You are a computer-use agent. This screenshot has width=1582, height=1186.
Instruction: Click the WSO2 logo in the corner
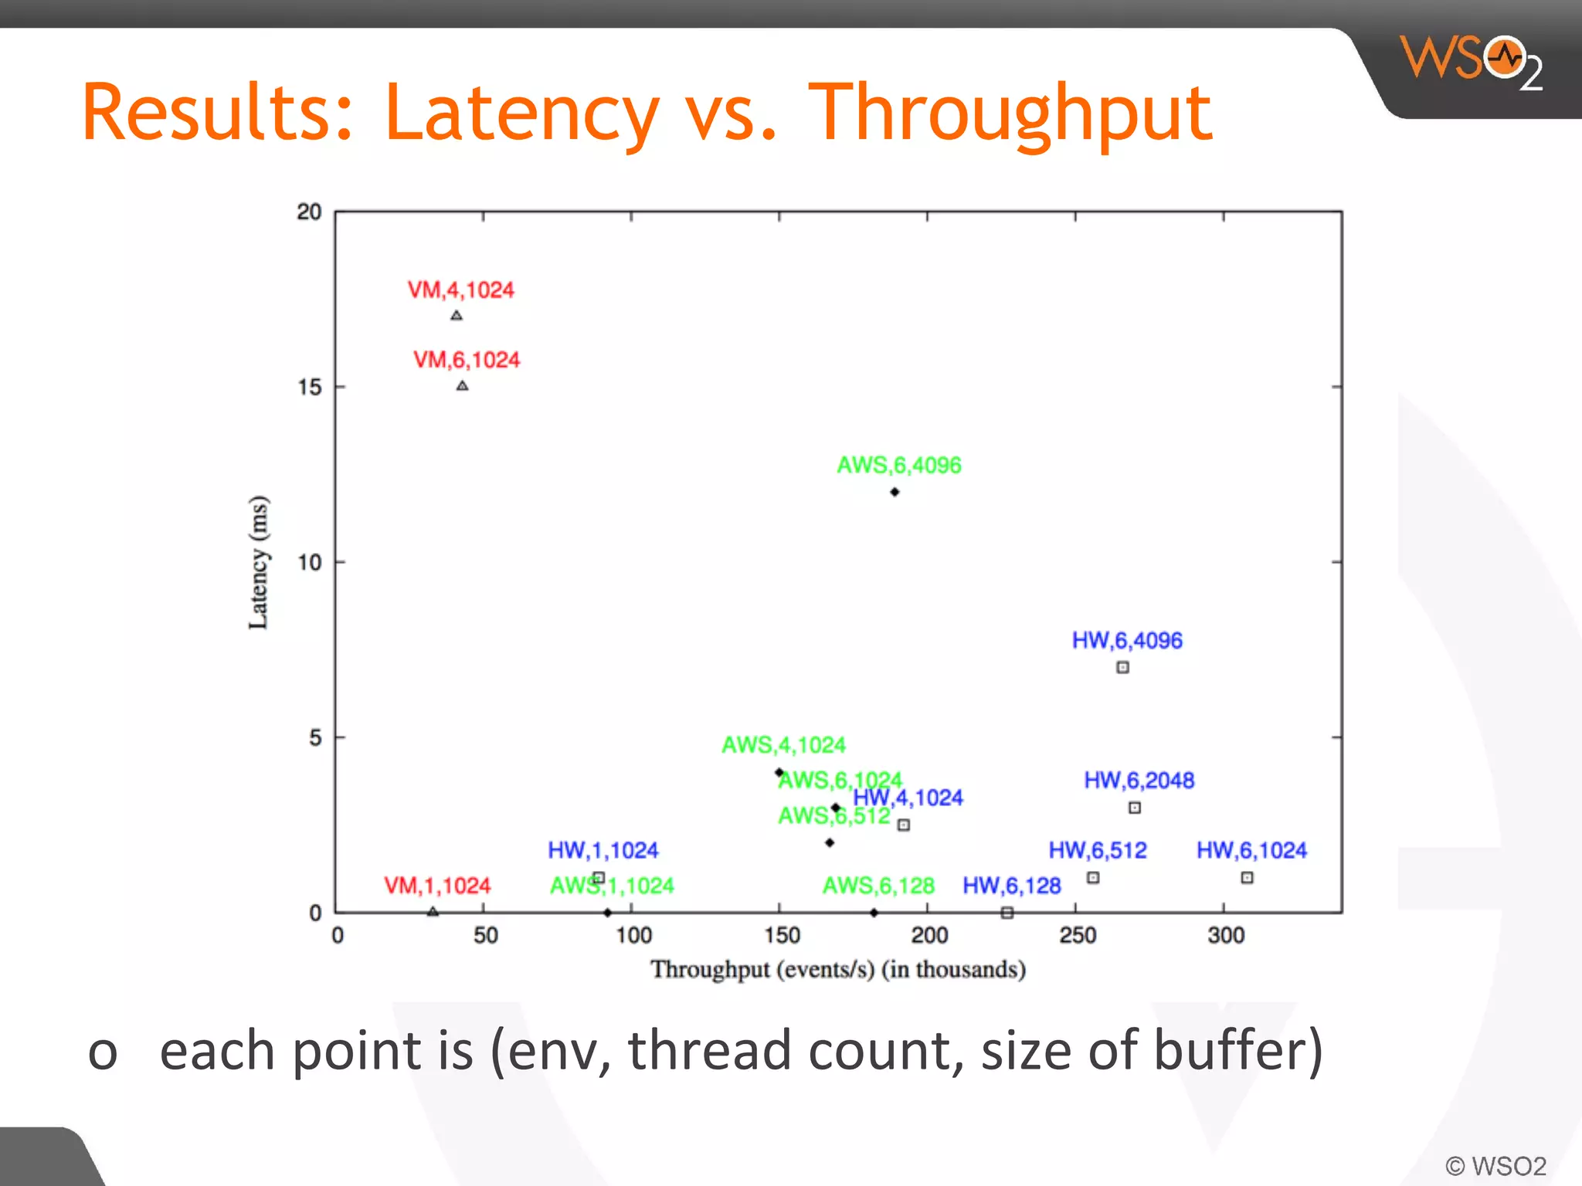[x=1470, y=62]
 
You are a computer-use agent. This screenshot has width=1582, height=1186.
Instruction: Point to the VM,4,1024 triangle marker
[x=457, y=316]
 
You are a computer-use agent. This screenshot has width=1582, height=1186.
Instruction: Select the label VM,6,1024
[x=467, y=360]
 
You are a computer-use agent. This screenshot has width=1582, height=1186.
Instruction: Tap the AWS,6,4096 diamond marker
[x=895, y=492]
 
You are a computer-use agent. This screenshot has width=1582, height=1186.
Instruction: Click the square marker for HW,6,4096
[x=1122, y=667]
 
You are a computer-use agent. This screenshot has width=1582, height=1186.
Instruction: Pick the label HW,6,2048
[x=1139, y=780]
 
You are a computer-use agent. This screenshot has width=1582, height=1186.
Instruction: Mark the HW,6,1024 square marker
[x=1247, y=878]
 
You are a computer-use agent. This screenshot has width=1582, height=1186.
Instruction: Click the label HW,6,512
[x=1097, y=850]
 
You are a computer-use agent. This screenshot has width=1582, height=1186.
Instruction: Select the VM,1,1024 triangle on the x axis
[x=433, y=912]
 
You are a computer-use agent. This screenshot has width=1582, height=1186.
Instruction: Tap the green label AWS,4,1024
[x=783, y=745]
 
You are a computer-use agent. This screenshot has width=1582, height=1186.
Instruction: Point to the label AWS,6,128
[x=878, y=886]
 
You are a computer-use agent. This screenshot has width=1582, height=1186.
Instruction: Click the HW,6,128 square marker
[x=1007, y=913]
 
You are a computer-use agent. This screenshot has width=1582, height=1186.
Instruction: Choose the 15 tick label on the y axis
[x=310, y=388]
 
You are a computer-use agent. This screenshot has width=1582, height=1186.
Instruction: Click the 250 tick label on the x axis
[x=1078, y=936]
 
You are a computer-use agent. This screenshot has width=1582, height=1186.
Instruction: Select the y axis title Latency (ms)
[x=259, y=562]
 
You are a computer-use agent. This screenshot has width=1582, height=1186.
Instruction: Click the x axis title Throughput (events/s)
[x=837, y=970]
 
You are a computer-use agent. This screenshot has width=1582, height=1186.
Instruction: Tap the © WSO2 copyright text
[x=1495, y=1166]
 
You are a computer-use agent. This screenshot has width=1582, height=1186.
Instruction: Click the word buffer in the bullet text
[x=1237, y=1051]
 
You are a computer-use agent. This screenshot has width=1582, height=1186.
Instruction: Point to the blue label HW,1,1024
[x=603, y=850]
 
